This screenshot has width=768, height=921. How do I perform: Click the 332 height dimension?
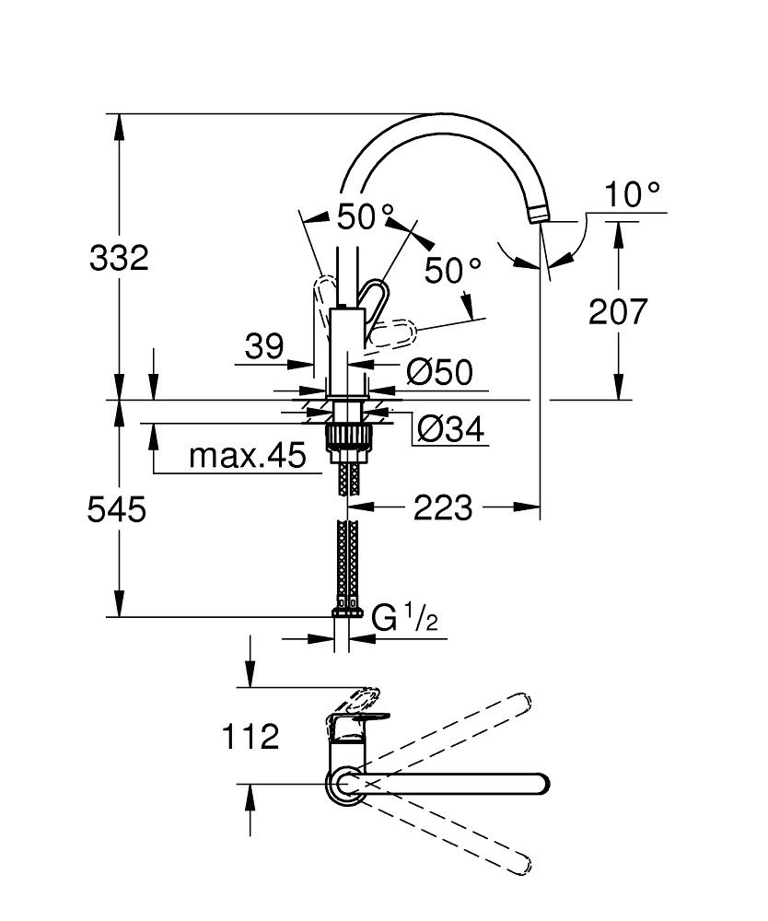pyautogui.click(x=119, y=257)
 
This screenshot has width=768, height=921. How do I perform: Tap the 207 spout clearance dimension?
pyautogui.click(x=618, y=311)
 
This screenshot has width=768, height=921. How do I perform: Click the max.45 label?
pyautogui.click(x=246, y=455)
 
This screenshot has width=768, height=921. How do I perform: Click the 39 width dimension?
pyautogui.click(x=264, y=346)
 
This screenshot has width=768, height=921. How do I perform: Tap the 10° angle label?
pyautogui.click(x=633, y=194)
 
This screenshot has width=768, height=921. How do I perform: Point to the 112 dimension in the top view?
pyautogui.click(x=250, y=736)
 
